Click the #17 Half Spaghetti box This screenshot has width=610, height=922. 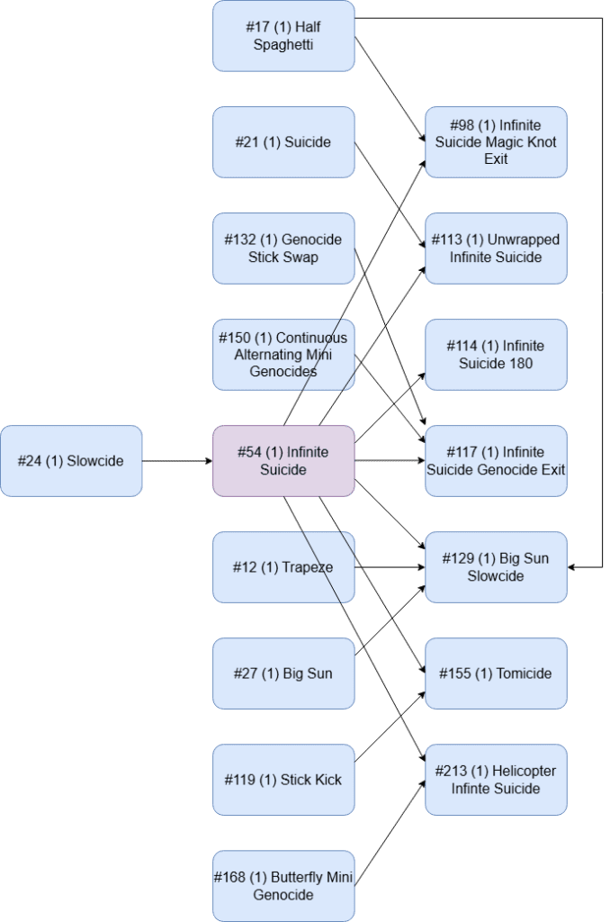click(283, 36)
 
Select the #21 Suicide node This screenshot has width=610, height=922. click(283, 142)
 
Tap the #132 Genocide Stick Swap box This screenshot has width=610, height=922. click(283, 249)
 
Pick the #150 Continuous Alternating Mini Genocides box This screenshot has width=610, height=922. click(283, 355)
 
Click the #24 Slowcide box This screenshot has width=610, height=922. click(71, 461)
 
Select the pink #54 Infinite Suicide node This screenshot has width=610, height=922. click(283, 461)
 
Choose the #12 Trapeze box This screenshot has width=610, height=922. click(283, 567)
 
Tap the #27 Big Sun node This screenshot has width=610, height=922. click(283, 673)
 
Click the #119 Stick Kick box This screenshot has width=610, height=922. click(283, 780)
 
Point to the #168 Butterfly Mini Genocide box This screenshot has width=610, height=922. click(283, 886)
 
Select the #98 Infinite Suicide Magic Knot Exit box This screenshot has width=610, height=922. click(496, 142)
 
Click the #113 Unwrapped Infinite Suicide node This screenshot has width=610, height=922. click(496, 249)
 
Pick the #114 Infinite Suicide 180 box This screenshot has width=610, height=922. click(496, 355)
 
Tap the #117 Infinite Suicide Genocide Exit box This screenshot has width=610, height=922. click(496, 461)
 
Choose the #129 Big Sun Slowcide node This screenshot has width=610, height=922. click(496, 567)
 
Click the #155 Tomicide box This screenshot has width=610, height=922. click(496, 673)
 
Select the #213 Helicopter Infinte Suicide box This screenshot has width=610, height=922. click(496, 780)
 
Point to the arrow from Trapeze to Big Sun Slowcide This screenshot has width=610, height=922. click(390, 567)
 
